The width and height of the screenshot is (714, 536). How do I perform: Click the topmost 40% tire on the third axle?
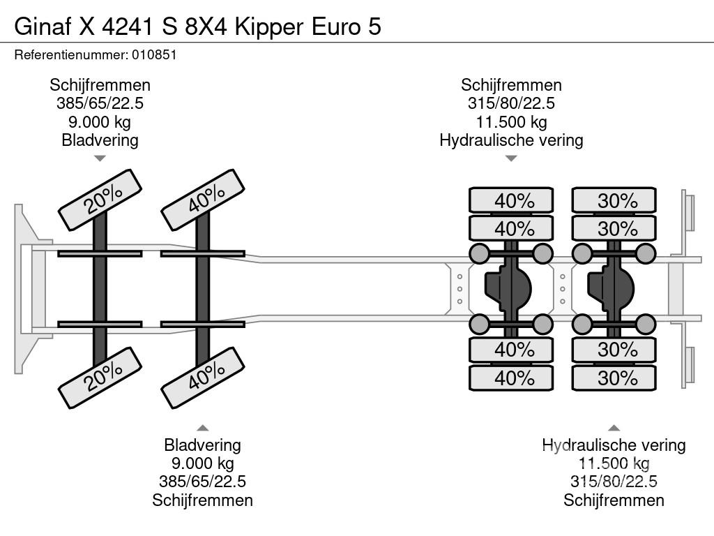(511, 200)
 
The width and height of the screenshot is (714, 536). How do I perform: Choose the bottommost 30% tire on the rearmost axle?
(614, 378)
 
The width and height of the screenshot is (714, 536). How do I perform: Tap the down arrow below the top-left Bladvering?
(100, 158)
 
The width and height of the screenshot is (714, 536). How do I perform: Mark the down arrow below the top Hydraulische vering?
(511, 158)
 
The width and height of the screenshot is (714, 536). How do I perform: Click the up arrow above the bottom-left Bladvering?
(202, 428)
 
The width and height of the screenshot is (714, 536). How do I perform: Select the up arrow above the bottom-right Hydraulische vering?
(614, 428)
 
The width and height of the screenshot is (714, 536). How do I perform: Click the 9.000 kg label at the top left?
(100, 121)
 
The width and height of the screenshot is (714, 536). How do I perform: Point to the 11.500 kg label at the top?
(511, 121)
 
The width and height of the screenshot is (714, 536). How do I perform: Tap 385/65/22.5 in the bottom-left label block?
(202, 482)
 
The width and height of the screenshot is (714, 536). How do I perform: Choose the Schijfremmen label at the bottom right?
(614, 500)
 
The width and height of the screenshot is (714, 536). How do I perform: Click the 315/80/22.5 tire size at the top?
(511, 103)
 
